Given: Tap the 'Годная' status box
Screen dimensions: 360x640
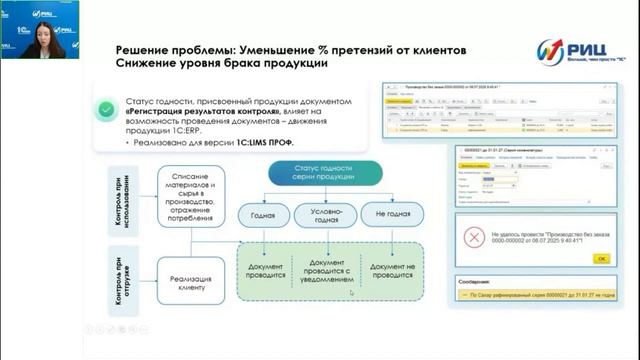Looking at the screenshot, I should [263, 213].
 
